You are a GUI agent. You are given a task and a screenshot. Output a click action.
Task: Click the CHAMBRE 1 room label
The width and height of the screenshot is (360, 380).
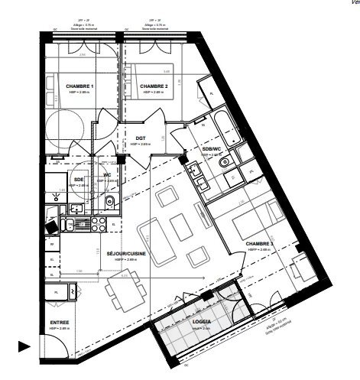tap(79, 86)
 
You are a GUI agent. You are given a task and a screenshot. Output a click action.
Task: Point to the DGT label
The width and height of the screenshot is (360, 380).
tap(141, 138)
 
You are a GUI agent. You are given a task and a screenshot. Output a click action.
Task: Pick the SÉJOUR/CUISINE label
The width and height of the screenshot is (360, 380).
tap(126, 254)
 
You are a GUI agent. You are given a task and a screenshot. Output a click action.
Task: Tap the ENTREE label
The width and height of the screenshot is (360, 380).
tap(60, 323)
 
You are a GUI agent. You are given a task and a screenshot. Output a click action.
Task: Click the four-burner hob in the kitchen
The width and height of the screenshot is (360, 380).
tap(98, 224)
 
